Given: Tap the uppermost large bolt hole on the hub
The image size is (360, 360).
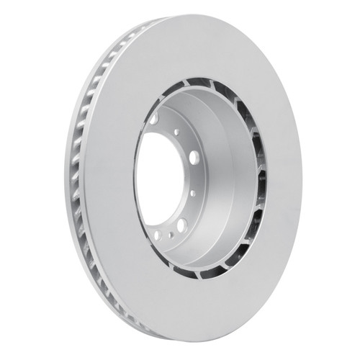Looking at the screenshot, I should (x=154, y=118).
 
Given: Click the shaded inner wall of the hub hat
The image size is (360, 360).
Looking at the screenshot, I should (x=223, y=166).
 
